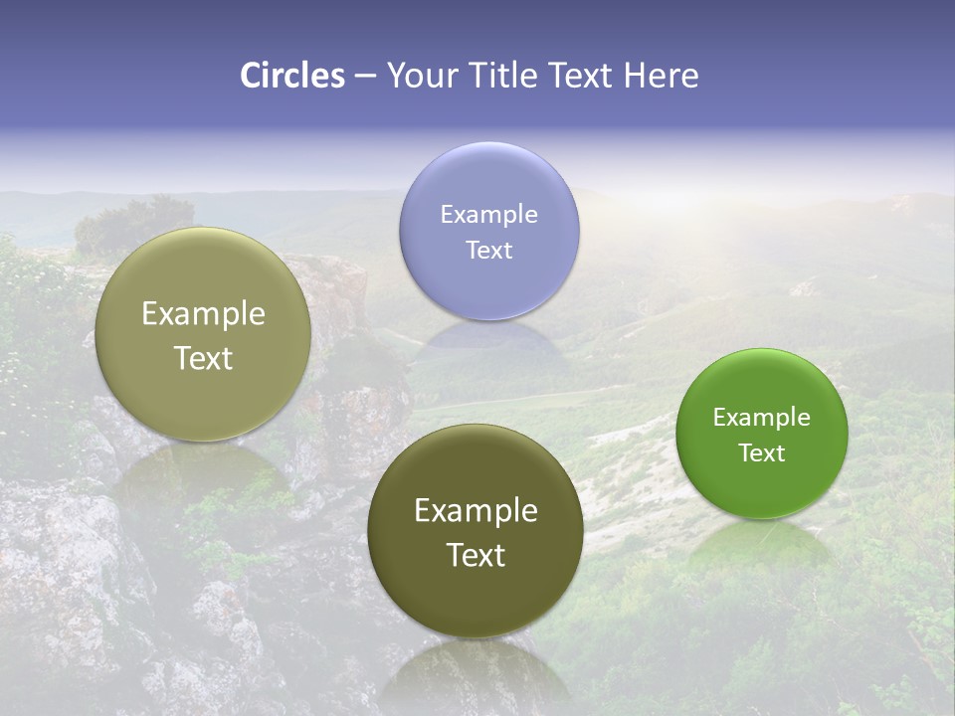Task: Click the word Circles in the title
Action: (291, 76)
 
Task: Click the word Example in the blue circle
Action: (488, 214)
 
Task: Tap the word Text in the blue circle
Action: (488, 250)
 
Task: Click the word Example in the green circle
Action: (762, 417)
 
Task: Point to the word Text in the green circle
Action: (762, 452)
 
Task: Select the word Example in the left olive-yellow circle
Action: (203, 314)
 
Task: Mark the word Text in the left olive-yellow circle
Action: (203, 358)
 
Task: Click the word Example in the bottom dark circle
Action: (476, 510)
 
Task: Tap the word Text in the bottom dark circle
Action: (476, 554)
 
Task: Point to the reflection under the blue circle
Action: (488, 338)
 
